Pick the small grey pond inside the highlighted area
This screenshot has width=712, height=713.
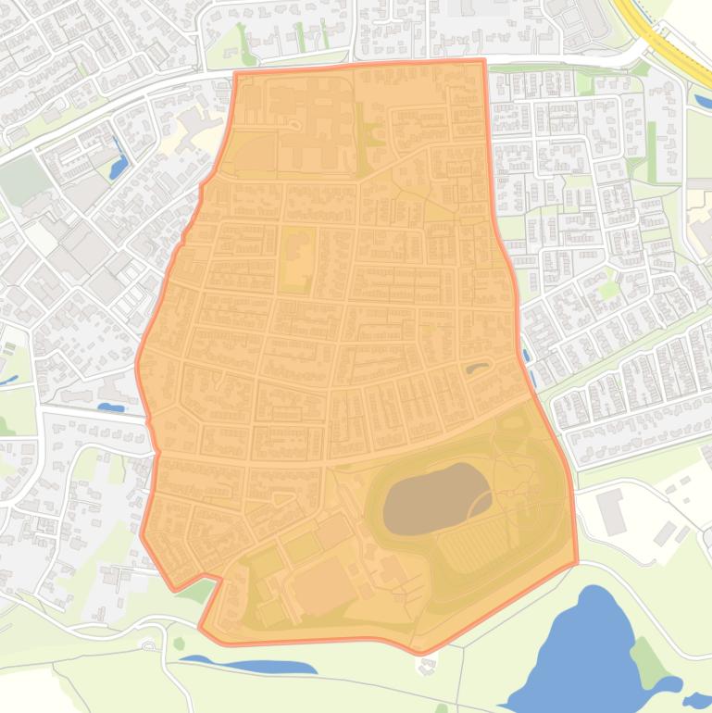[478, 369]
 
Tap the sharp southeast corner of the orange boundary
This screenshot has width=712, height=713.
[576, 561]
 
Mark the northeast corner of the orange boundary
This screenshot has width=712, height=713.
[482, 61]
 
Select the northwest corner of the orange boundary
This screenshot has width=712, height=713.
[236, 73]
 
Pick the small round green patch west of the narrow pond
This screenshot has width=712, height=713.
[179, 643]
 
